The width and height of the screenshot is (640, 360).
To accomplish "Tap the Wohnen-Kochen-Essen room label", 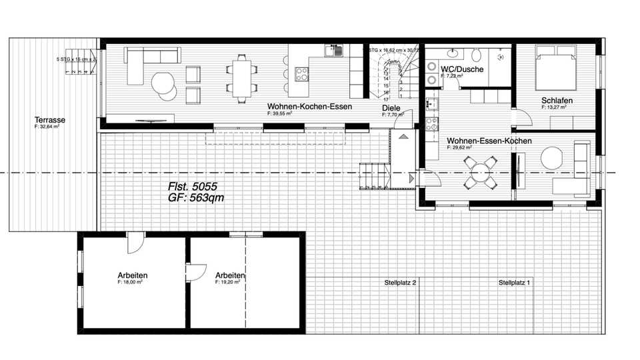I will (309, 106).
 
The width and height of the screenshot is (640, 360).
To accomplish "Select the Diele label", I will (391, 108).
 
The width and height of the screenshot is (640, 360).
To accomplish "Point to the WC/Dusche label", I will (462, 69).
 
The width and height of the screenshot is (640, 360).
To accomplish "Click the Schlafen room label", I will (557, 101).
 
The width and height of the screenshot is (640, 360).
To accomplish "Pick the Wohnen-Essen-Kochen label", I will (489, 141).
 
